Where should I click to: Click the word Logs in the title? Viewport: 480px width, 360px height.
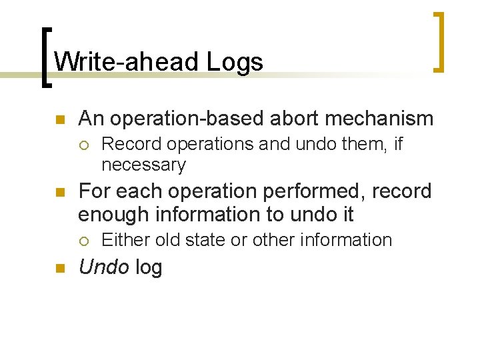[235, 62]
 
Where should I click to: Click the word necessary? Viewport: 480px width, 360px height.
[143, 164]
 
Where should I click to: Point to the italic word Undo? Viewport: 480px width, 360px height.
[103, 267]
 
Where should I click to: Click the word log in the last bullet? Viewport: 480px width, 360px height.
[148, 267]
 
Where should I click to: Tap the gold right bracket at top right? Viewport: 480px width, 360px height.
[439, 41]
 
